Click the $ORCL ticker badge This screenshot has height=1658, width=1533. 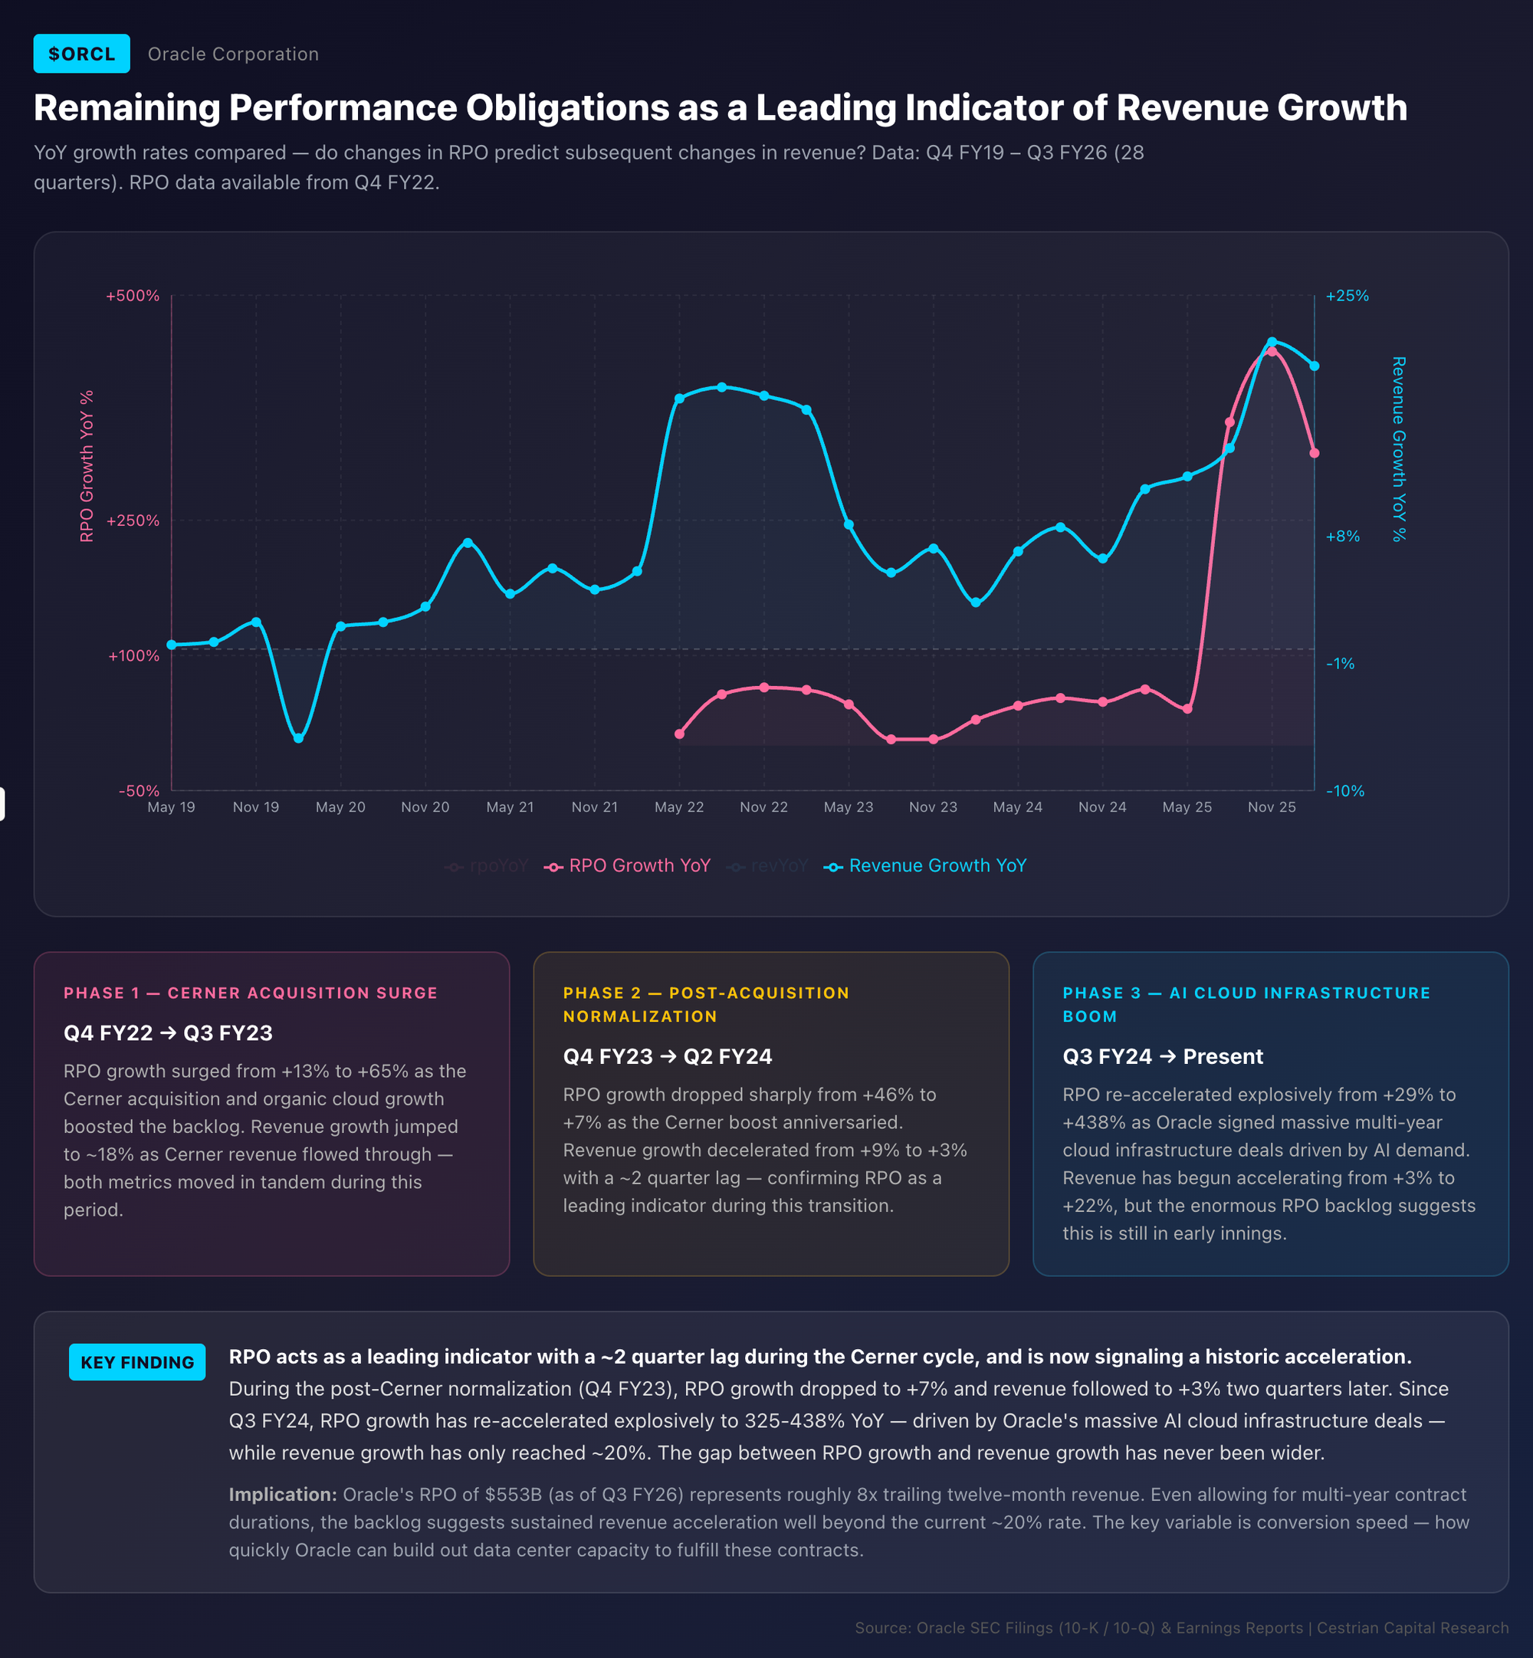(81, 54)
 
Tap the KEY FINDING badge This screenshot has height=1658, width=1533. (137, 1362)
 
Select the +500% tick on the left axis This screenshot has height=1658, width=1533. (133, 296)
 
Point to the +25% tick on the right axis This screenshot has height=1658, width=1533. (1348, 296)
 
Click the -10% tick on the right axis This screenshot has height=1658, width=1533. (1344, 791)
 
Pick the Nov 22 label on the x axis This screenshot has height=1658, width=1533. (763, 807)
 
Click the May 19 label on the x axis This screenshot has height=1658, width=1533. (171, 807)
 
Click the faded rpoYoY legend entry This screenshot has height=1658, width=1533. (487, 866)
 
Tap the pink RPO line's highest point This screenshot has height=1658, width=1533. (1272, 352)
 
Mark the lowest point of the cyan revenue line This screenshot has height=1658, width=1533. (299, 738)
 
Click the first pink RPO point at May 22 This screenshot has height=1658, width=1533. (679, 734)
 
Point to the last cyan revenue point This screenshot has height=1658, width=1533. (1314, 366)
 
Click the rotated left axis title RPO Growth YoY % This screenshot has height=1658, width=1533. (87, 466)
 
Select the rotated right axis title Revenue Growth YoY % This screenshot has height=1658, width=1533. (1399, 448)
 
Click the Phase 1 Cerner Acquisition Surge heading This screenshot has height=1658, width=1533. (251, 993)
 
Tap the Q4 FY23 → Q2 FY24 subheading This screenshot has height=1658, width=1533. (667, 1057)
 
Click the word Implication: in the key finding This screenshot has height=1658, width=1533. (282, 1495)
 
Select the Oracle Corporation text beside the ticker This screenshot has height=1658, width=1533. (233, 54)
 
